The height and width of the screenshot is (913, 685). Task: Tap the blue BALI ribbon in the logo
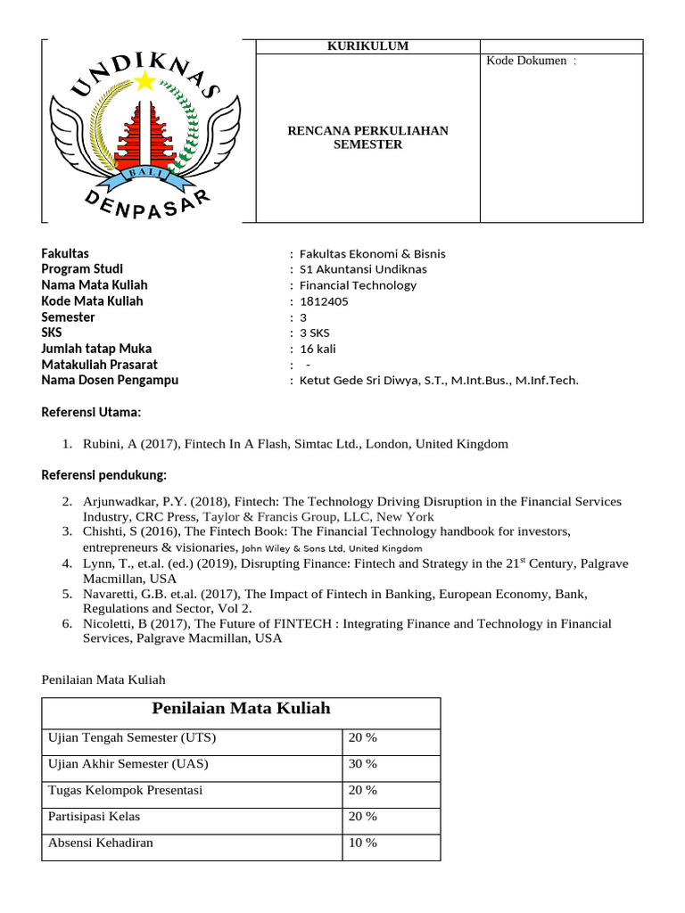point(147,175)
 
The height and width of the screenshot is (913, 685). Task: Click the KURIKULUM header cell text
point(367,46)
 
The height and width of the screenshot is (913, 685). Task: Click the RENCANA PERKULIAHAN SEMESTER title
point(367,137)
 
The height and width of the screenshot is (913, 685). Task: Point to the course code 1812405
point(324,301)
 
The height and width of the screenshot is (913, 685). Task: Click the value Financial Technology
point(358,285)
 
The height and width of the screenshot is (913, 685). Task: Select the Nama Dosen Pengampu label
point(110,380)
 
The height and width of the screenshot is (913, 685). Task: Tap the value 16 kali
point(318,349)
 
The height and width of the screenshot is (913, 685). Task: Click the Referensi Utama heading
point(92,412)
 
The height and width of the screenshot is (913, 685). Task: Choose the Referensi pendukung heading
point(104,473)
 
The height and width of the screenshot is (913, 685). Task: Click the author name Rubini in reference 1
point(101,444)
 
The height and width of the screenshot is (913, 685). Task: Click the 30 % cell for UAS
point(363,764)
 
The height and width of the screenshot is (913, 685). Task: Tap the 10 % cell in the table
point(363,843)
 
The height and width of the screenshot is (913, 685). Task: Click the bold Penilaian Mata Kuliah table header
point(241,709)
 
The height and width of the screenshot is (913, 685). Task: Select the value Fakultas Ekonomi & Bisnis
point(372,253)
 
